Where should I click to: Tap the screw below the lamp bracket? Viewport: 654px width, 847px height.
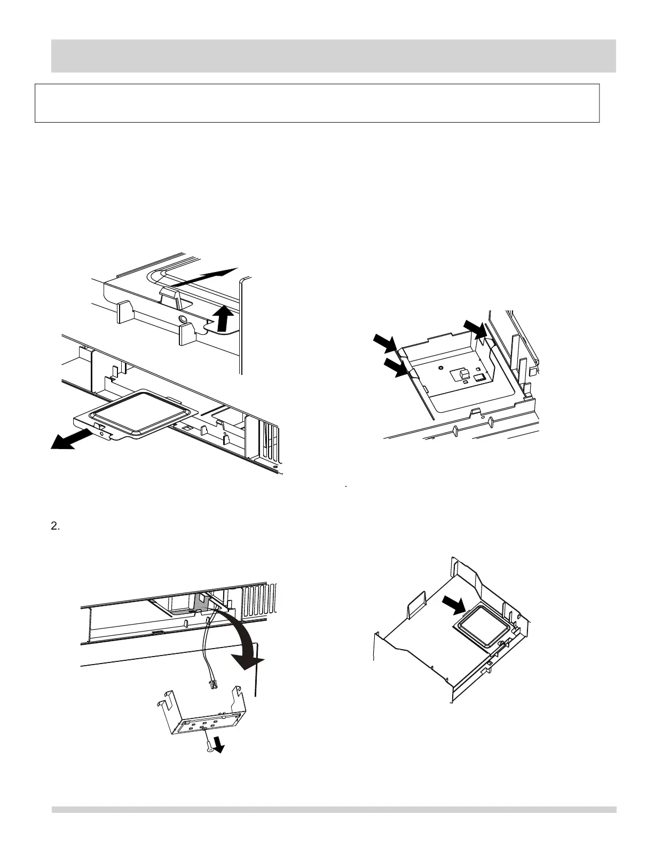pos(207,748)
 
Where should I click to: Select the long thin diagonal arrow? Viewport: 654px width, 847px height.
pos(203,278)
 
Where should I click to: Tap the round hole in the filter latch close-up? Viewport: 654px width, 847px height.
pos(183,318)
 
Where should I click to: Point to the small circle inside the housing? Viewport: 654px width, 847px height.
pos(440,367)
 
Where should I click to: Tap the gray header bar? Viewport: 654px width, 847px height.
pos(333,55)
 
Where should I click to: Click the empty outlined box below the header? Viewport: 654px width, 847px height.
pos(317,103)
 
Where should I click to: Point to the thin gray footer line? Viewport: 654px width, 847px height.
pos(333,810)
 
